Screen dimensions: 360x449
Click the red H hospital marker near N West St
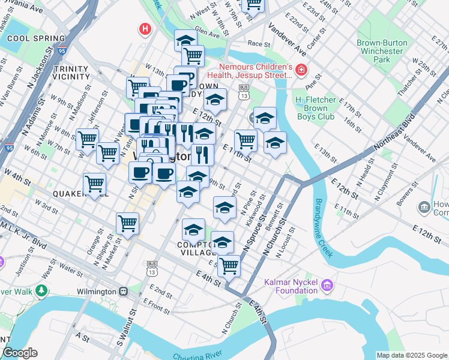pos(144,28)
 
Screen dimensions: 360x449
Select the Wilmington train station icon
pos(123,291)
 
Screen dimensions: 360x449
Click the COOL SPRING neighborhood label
pos(31,38)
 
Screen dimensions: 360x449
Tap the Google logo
pos(19,353)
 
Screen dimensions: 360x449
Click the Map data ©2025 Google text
pos(412,355)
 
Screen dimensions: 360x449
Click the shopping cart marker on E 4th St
pos(229,266)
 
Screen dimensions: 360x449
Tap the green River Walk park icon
pos(41,291)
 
